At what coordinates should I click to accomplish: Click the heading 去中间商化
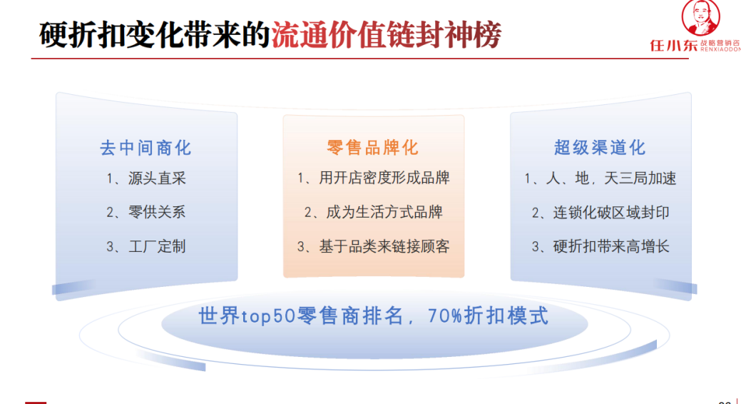tap(145, 148)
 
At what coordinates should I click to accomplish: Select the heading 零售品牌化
tap(372, 148)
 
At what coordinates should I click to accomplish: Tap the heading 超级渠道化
tap(599, 148)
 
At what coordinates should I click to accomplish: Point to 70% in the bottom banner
tap(446, 315)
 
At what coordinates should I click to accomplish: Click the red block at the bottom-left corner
tap(36, 402)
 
